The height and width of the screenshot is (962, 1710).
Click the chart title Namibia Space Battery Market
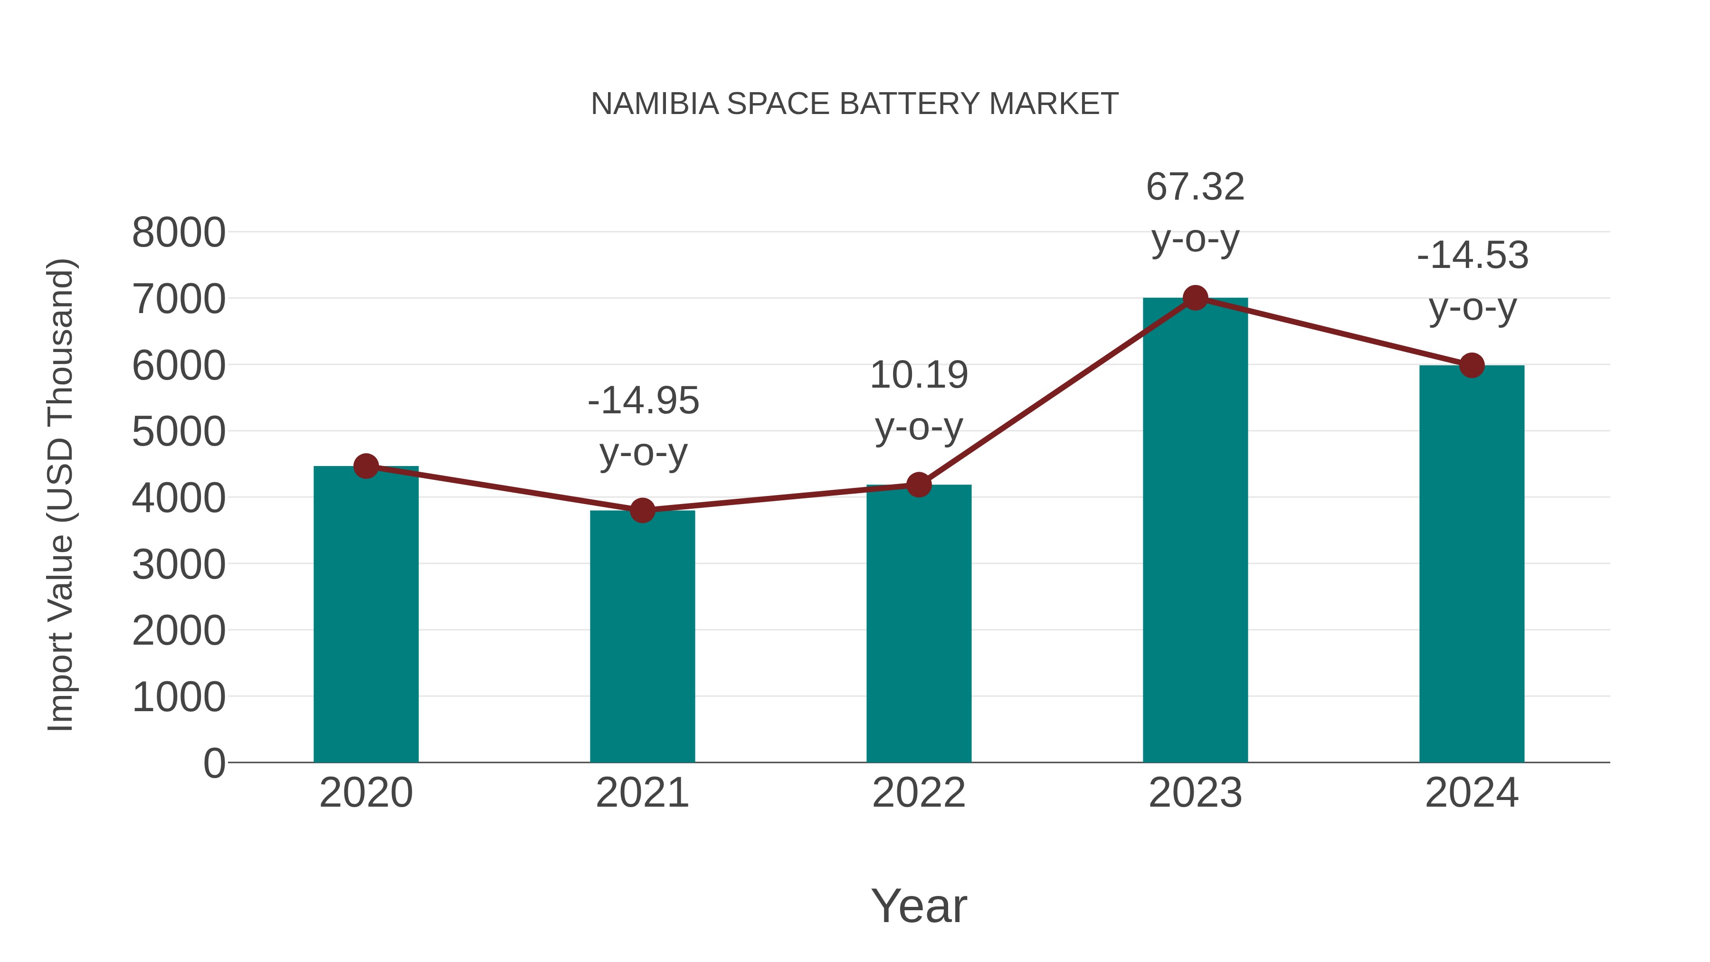point(855,104)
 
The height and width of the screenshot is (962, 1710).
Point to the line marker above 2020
point(366,466)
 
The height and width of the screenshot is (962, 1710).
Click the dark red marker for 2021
point(642,511)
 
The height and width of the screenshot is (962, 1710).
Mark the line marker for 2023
point(1195,298)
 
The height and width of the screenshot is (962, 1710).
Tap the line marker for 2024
point(1472,365)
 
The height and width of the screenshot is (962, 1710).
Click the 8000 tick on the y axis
point(179,233)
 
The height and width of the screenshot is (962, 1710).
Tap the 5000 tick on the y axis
point(179,432)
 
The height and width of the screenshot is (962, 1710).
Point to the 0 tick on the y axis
point(214,763)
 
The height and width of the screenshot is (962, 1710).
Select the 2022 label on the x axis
point(919,793)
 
